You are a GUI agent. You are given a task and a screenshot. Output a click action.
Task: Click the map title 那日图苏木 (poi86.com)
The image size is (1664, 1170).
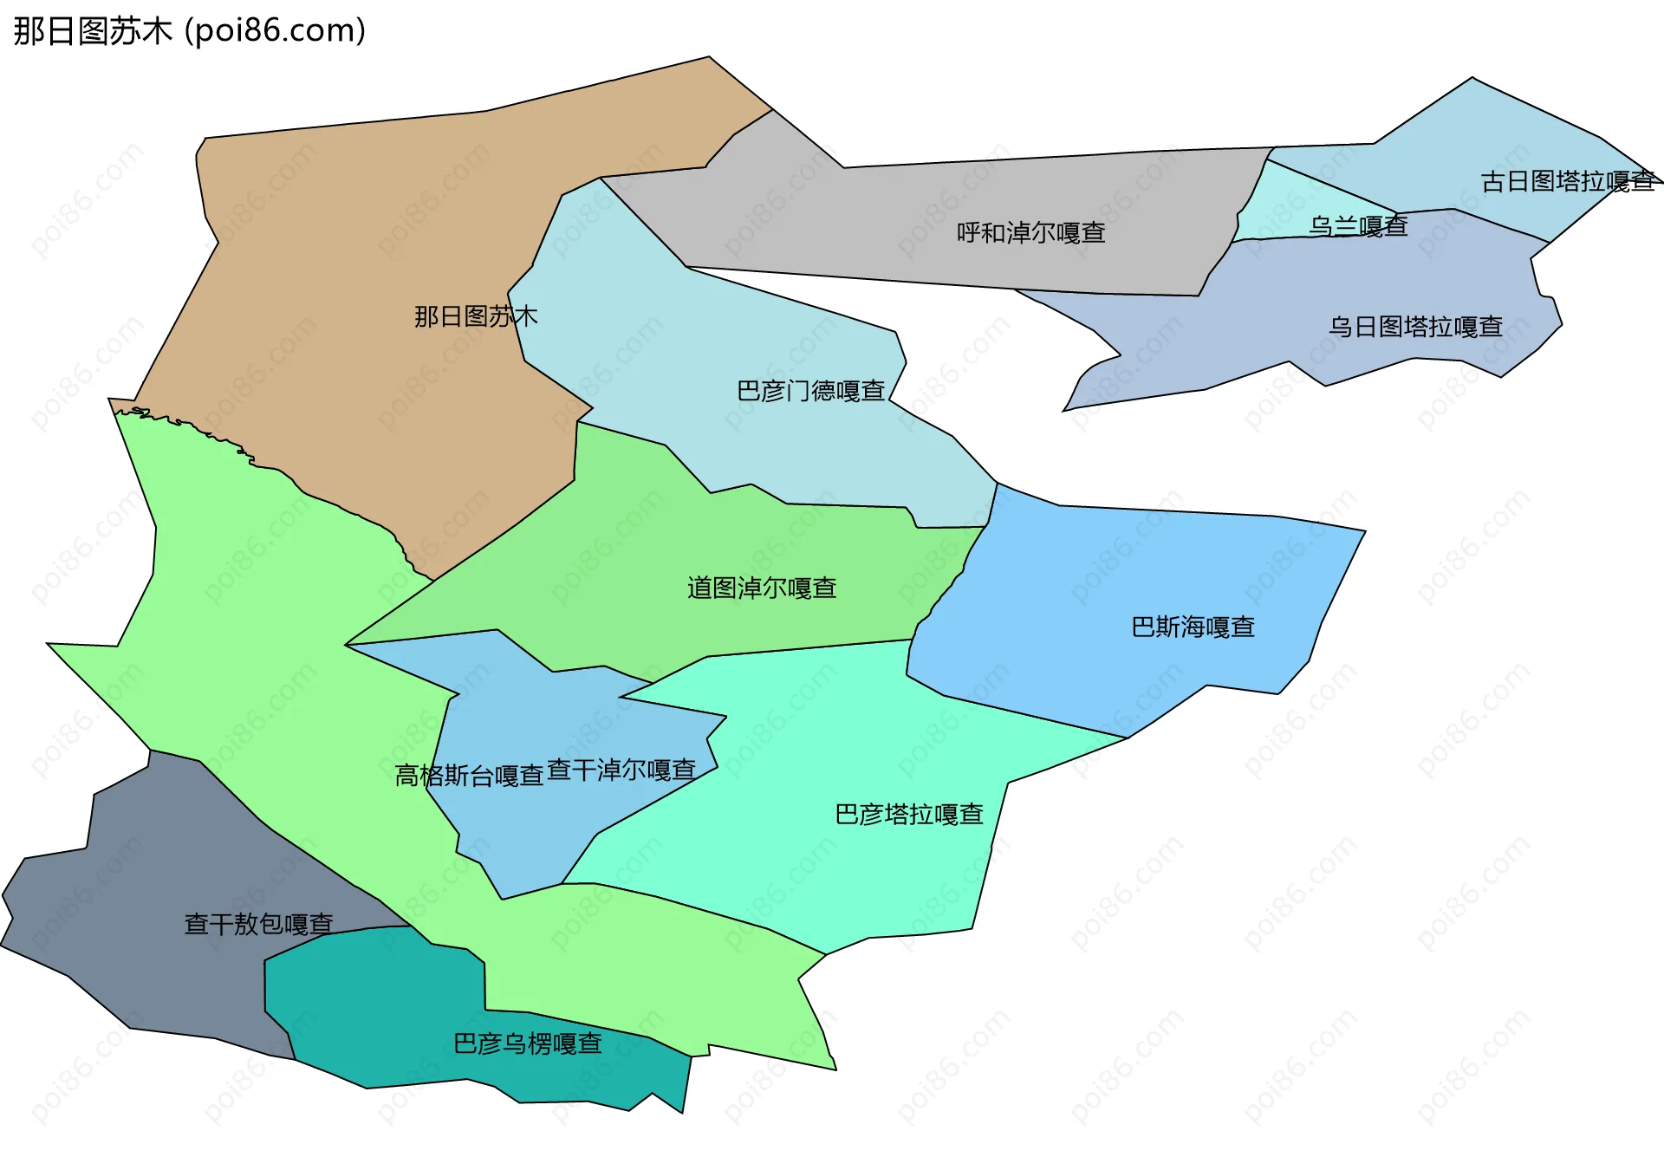tap(189, 31)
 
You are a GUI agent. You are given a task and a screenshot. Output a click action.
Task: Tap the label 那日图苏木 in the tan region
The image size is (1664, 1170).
tap(476, 316)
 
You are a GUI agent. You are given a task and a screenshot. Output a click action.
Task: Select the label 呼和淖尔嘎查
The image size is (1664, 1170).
tap(1030, 233)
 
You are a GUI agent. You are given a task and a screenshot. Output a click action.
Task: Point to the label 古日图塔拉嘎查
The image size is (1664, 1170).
tap(1568, 182)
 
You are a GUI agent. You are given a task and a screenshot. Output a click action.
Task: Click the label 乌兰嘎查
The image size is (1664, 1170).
tap(1357, 227)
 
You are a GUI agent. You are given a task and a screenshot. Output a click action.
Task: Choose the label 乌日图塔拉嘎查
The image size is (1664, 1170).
tap(1415, 327)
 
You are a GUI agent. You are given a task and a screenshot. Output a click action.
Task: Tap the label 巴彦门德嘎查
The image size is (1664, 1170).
tap(810, 391)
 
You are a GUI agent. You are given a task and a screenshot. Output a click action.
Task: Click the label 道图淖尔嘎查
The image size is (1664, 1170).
tap(762, 588)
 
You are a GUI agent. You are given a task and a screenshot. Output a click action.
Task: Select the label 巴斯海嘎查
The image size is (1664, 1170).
tap(1193, 627)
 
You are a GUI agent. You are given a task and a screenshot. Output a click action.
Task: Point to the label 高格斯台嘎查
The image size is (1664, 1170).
tap(469, 776)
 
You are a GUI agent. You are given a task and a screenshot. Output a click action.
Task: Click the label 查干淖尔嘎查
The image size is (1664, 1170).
tap(621, 770)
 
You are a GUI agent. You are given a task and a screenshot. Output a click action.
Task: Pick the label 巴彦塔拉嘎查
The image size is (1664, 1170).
tap(908, 815)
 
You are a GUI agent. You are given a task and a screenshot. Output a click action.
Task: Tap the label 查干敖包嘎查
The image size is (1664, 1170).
tap(258, 924)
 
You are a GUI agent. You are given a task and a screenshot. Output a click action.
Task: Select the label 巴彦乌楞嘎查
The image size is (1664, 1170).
tap(528, 1043)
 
